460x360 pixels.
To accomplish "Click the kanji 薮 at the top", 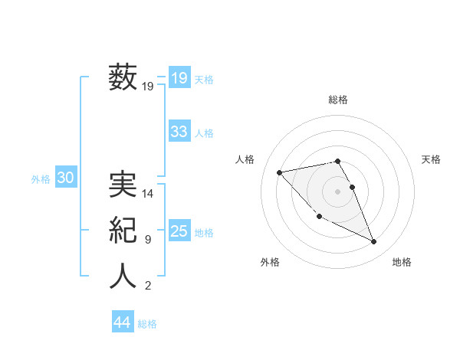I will (x=123, y=77).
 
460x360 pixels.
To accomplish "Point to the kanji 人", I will (x=123, y=276).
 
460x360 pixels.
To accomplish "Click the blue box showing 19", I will (x=179, y=77).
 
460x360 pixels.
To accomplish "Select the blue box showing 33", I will (x=179, y=132).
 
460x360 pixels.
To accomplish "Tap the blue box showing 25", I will (x=179, y=231).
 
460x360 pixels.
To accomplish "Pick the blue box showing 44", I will (x=123, y=322).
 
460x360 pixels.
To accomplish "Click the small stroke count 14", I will (x=148, y=194).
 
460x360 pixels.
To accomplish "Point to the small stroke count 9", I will (x=148, y=240).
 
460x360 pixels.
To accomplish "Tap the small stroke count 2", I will (x=148, y=286).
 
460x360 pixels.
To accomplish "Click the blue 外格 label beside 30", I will (x=41, y=179).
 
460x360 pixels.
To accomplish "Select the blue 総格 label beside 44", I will (x=147, y=324).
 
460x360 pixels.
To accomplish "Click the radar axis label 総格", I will (x=338, y=100).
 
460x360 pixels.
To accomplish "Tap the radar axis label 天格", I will (x=432, y=159).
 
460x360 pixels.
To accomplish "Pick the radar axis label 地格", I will (x=402, y=262).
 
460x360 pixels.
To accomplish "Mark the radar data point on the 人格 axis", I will (x=279, y=172).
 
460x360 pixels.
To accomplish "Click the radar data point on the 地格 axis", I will (x=374, y=241).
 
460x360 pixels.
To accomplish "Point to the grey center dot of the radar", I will (x=338, y=191).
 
